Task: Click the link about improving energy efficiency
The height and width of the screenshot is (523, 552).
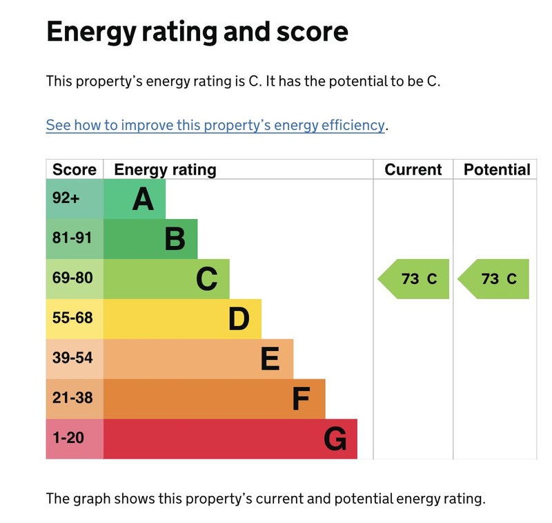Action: [x=215, y=125]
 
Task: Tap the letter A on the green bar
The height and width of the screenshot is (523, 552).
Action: [x=143, y=199]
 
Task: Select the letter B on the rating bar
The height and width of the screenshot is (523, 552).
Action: [x=175, y=239]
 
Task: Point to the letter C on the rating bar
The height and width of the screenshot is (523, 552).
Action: [x=206, y=279]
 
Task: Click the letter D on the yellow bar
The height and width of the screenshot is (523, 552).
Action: [x=239, y=319]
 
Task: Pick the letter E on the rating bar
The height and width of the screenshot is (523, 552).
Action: [x=270, y=359]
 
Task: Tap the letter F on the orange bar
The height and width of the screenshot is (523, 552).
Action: [x=301, y=399]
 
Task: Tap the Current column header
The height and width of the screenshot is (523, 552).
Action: [x=413, y=170]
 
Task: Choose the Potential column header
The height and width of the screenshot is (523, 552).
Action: [x=497, y=170]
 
